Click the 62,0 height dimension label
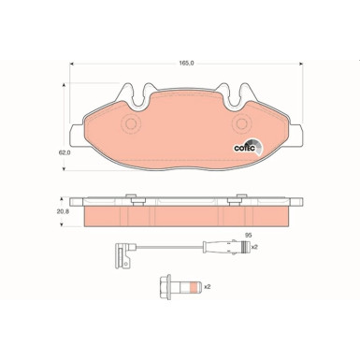tap(64, 137)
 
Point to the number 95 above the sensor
tap(248, 235)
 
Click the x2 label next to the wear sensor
tap(254, 247)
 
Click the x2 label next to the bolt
tap(208, 286)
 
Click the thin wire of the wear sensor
tap(178, 248)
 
